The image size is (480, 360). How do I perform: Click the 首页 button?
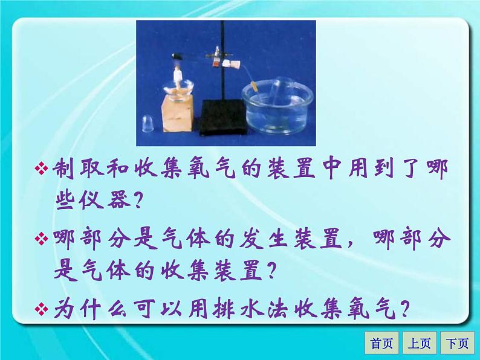point(382,344)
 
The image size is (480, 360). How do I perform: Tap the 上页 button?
point(420,344)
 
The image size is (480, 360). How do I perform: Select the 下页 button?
point(457,344)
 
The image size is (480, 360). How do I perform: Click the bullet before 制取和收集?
point(42,169)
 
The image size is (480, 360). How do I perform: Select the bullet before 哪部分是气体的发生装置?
point(42,239)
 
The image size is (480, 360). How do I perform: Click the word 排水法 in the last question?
point(235,309)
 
